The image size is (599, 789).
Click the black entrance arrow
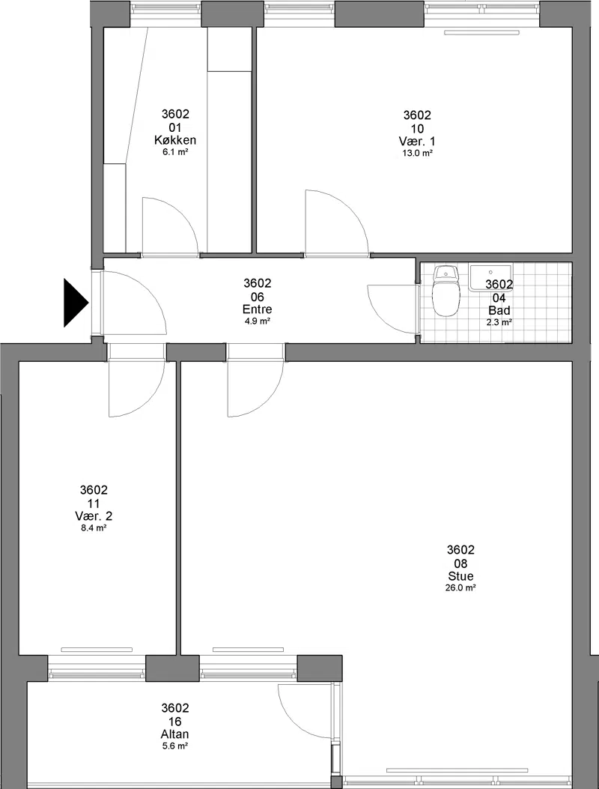[76, 303]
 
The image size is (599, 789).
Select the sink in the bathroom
[490, 278]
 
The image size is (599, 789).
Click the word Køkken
[175, 140]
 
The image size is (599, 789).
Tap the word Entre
[257, 309]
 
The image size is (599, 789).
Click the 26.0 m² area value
[460, 587]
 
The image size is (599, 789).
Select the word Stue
[460, 576]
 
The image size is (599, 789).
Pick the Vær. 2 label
[94, 516]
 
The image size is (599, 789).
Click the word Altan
[175, 734]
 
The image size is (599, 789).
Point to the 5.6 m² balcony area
[175, 746]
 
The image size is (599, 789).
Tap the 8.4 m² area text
[94, 527]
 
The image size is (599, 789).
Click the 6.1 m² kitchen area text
[175, 152]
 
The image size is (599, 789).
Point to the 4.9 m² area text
[257, 321]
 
